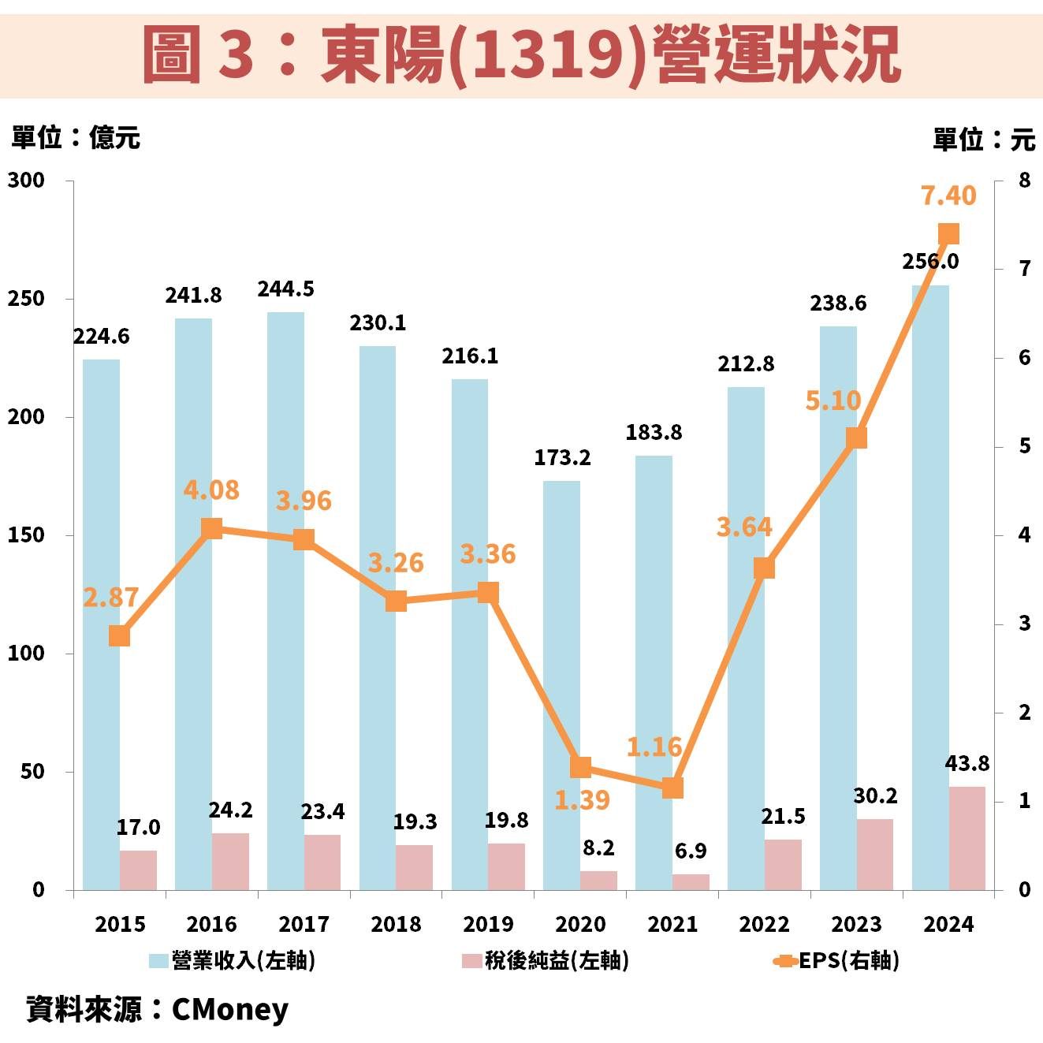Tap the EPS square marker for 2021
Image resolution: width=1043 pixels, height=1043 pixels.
tap(672, 788)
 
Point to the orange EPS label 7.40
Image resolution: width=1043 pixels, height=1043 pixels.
tap(948, 195)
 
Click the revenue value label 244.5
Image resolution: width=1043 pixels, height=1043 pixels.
tap(285, 289)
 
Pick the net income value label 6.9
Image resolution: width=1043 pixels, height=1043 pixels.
tap(691, 851)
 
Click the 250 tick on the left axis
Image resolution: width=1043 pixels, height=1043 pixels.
tap(26, 299)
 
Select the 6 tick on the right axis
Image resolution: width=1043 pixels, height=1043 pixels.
tap(1024, 358)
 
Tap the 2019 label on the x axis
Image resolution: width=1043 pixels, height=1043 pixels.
tap(488, 924)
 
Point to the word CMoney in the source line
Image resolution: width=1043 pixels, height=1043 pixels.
tap(229, 1009)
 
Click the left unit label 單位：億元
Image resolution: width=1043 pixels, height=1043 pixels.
tap(75, 138)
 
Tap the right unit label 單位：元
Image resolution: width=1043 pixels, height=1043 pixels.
tap(983, 140)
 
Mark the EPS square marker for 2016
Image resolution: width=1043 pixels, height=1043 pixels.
tap(211, 528)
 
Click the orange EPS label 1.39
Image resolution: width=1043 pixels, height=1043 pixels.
tap(582, 800)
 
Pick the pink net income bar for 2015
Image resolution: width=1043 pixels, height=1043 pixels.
tap(138, 870)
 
